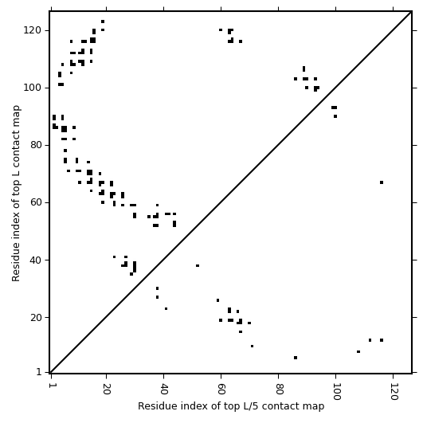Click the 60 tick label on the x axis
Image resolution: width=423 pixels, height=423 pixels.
point(221,389)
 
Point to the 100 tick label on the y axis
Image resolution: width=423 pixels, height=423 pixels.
point(32,88)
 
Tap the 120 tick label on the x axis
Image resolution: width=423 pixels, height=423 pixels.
point(394,391)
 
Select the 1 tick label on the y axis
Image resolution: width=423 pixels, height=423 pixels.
point(38,372)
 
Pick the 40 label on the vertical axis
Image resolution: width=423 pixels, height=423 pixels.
point(35,260)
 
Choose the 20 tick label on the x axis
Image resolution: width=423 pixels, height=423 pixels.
point(107,389)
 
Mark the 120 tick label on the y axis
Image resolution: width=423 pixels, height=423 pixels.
point(32,30)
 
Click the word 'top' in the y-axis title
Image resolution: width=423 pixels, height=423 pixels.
point(16,197)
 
